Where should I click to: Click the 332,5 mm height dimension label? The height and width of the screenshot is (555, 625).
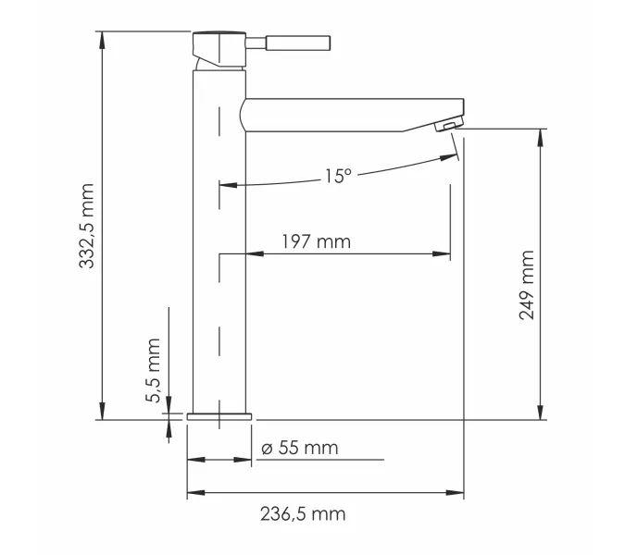[x=87, y=226]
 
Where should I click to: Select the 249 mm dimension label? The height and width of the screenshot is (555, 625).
[x=527, y=285]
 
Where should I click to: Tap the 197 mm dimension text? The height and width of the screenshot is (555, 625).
[x=316, y=242]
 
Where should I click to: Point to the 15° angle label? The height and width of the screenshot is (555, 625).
[x=338, y=175]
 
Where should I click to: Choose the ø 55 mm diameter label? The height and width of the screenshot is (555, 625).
[x=300, y=449]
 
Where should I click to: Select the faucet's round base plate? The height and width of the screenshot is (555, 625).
[x=219, y=415]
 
